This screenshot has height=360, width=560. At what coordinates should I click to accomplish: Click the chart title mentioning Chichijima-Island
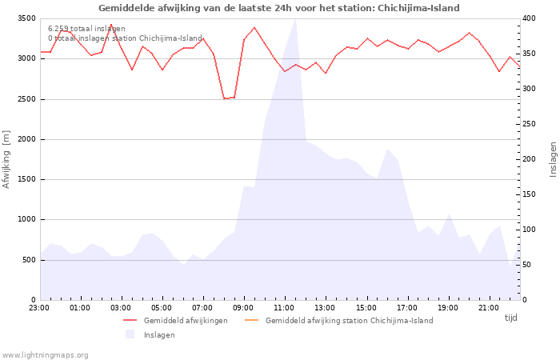click(x=279, y=8)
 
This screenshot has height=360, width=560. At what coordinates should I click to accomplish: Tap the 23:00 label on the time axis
click(x=39, y=307)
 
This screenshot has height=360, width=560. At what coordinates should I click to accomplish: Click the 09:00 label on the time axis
click(x=243, y=307)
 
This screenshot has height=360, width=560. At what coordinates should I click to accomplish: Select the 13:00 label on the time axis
click(x=325, y=307)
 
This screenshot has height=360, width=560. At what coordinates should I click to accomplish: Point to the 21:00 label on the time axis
click(x=489, y=307)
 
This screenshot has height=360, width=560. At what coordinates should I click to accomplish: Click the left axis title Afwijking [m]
click(x=7, y=158)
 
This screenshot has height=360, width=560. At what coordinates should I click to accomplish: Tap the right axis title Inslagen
click(x=553, y=158)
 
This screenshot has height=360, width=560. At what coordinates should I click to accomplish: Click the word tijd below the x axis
click(x=511, y=318)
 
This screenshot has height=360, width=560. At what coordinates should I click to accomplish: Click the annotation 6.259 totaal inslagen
click(x=86, y=29)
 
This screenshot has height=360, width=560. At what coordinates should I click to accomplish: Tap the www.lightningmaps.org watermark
click(x=46, y=354)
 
